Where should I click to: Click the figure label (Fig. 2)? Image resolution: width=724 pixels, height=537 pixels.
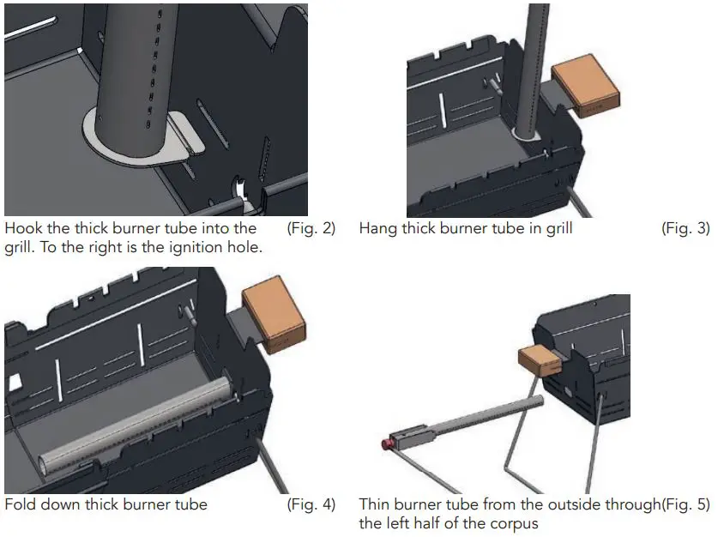[311, 229]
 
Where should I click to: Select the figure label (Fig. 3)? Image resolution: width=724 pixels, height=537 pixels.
[685, 229]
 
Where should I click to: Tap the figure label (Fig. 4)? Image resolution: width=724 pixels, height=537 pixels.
[311, 504]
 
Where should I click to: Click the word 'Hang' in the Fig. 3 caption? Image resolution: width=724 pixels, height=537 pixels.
[378, 229]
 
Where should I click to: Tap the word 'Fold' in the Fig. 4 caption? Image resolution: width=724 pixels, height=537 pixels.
[21, 504]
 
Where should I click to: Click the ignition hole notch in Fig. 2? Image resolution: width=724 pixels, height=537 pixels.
[242, 190]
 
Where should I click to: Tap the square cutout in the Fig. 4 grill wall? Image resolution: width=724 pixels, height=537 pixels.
[15, 383]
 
